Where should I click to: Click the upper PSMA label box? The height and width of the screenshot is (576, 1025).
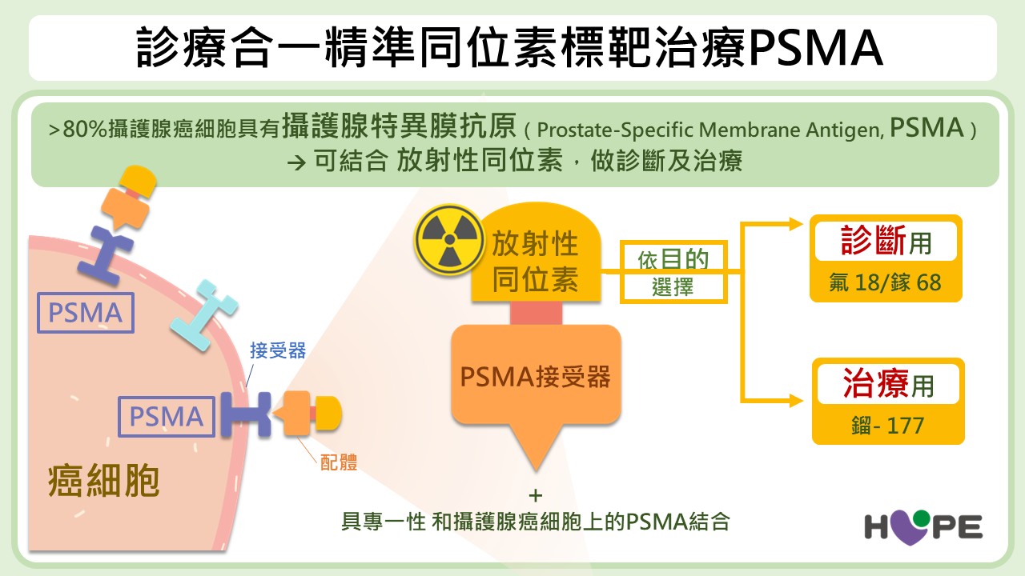click(x=86, y=313)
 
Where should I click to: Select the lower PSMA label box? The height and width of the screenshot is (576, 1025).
click(x=167, y=416)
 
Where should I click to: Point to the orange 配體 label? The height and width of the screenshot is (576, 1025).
click(x=339, y=462)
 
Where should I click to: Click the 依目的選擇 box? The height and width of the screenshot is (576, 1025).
click(x=674, y=272)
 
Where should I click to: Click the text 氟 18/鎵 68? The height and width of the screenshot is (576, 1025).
click(x=885, y=283)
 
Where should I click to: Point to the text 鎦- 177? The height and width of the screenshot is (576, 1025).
click(x=887, y=425)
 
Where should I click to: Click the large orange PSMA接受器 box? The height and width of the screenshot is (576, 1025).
click(x=536, y=376)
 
